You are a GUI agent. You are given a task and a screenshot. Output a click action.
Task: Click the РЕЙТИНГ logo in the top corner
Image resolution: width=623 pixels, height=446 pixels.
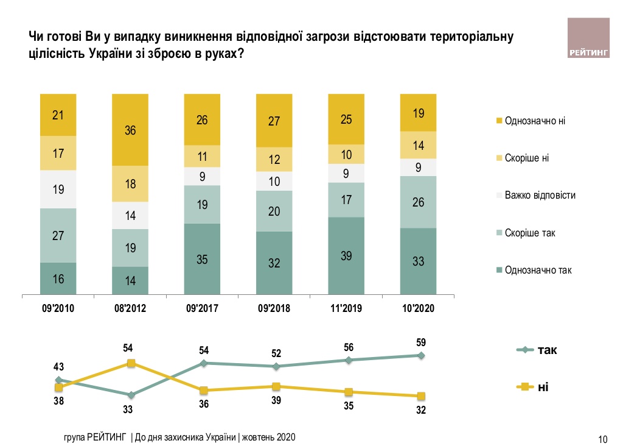tap(588, 39)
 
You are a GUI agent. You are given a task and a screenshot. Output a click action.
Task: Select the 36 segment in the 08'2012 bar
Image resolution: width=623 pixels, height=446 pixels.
tap(130, 130)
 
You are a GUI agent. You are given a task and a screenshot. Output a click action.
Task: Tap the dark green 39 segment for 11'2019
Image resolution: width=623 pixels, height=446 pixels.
tap(346, 256)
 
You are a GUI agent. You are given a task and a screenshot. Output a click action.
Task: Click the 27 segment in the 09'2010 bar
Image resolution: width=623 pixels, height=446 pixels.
tap(58, 235)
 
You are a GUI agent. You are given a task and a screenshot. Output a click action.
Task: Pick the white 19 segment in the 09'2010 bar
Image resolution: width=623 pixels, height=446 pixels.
tap(58, 189)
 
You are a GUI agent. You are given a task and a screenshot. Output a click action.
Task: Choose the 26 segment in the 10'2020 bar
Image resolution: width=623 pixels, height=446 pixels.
tap(419, 202)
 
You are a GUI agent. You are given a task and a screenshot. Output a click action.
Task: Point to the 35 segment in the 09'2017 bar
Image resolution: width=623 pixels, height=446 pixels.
tap(202, 260)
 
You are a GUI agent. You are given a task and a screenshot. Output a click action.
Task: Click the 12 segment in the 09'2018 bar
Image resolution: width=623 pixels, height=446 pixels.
tap(274, 160)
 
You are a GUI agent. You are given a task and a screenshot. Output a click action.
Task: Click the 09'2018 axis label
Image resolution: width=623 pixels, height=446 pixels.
tap(274, 308)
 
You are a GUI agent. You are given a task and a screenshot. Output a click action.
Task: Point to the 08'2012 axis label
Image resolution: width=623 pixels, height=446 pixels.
tap(130, 308)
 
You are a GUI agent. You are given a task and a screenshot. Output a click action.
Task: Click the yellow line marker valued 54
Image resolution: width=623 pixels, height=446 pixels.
tap(130, 363)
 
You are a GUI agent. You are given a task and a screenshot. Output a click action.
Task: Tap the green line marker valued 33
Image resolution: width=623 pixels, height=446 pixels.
tap(130, 395)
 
